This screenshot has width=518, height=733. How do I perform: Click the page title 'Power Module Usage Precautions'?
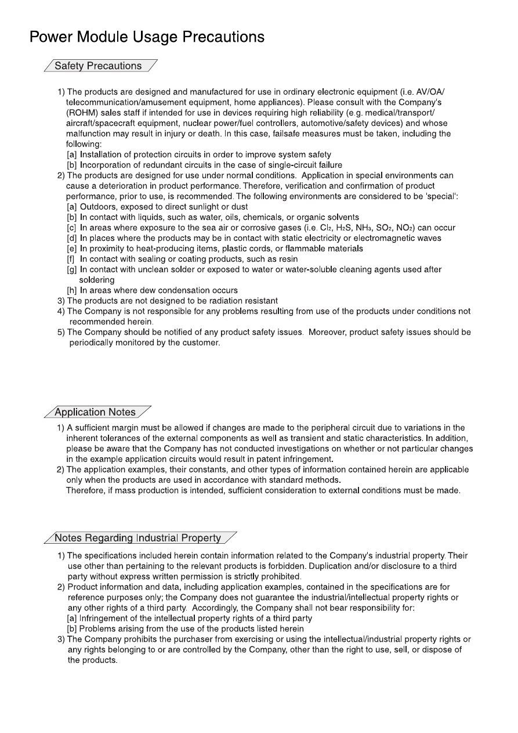click(x=147, y=37)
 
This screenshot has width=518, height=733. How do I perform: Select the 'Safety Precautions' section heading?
click(x=98, y=66)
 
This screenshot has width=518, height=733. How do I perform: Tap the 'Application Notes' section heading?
click(x=95, y=413)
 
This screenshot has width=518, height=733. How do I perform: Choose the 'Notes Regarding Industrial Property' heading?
click(x=137, y=538)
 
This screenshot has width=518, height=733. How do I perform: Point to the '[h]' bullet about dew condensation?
click(x=73, y=290)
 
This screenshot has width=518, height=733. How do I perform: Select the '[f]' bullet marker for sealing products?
click(x=72, y=259)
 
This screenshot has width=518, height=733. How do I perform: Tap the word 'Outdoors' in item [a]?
click(x=98, y=207)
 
